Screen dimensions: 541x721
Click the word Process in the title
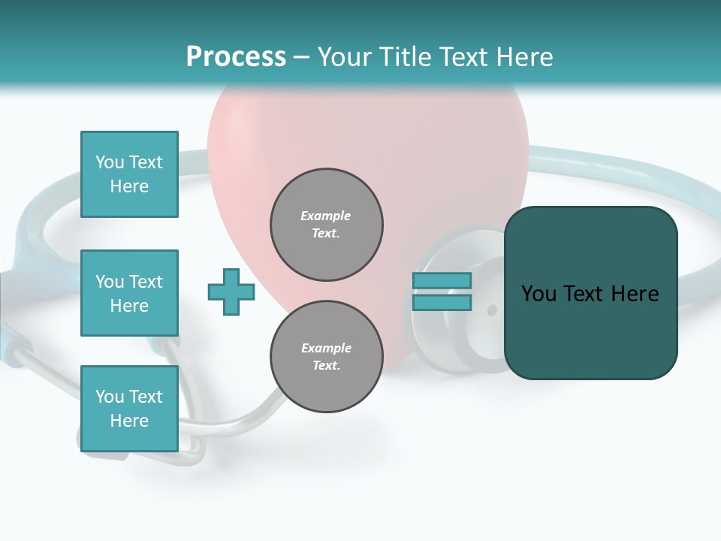236,57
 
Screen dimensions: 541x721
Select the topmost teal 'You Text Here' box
129,174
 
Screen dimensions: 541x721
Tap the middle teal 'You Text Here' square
129,293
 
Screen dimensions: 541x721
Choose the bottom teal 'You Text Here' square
129,409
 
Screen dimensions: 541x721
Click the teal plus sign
231,292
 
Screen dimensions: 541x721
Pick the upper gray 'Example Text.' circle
326,225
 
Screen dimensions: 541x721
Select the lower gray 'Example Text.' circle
326,357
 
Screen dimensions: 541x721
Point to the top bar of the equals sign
442,281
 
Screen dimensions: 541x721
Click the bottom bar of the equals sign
442,303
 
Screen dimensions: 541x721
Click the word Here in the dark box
635,294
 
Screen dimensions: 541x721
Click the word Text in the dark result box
585,294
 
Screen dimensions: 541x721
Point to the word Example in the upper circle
325,216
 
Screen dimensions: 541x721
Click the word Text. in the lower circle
326,366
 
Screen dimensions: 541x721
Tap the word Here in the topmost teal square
129,186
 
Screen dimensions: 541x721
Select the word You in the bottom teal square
110,397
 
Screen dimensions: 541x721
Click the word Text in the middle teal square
145,282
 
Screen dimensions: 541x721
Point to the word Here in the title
523,57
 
